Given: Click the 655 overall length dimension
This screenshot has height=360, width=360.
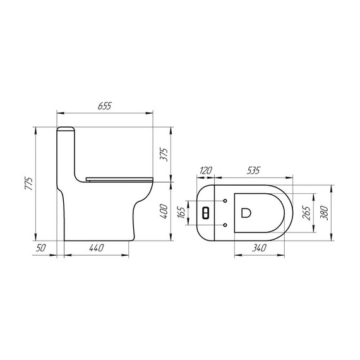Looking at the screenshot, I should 105,107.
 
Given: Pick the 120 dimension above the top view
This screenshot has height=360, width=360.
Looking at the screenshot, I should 206,171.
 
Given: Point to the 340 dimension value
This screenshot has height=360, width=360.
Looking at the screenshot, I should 258,249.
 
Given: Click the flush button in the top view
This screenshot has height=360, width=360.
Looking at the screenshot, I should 205,212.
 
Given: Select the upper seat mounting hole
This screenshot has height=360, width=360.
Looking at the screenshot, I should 225,201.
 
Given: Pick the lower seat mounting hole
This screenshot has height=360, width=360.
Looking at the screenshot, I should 225,224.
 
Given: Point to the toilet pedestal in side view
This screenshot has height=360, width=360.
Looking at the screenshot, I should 101,218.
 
